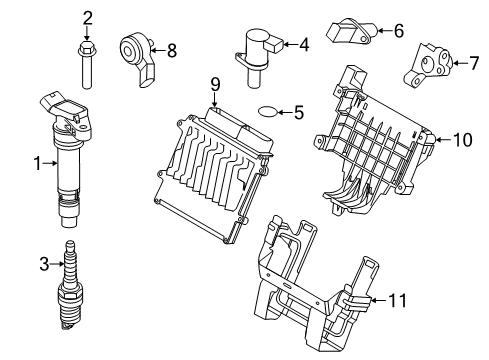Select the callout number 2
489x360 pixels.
coord(87,16)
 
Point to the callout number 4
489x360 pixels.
coord(304,44)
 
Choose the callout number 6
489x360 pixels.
coord(398,31)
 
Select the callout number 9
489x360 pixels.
coord(214,86)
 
